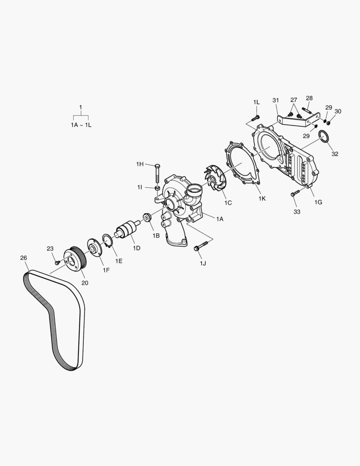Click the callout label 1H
click(x=140, y=164)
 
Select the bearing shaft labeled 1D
click(x=128, y=230)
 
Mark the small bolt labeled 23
click(x=57, y=262)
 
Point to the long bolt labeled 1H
click(x=157, y=175)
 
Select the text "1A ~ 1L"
click(x=81, y=125)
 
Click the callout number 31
click(x=276, y=101)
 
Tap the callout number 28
click(x=309, y=98)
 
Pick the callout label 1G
click(x=318, y=202)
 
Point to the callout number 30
click(x=338, y=111)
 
